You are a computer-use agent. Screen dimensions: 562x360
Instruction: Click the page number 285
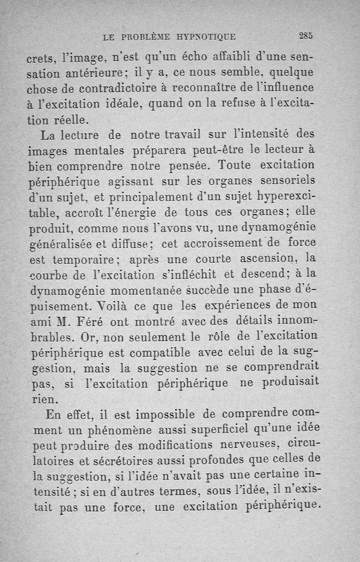(306, 36)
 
